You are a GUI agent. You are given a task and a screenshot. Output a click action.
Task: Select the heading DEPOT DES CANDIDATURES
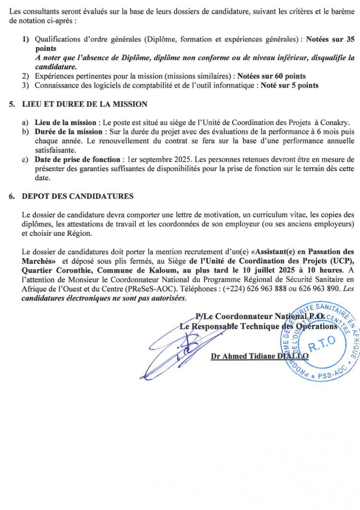[78, 196]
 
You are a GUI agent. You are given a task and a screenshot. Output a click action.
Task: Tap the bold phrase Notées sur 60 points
[272, 76]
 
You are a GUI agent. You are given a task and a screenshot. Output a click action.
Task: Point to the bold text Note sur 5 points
[290, 85]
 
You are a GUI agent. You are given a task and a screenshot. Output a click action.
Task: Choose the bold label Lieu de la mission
[65, 122]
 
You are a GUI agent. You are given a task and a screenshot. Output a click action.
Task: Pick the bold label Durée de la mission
[68, 132]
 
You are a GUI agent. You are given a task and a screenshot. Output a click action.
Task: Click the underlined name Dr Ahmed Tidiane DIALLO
[260, 356]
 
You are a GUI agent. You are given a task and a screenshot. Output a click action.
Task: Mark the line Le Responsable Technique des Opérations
[258, 327]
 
